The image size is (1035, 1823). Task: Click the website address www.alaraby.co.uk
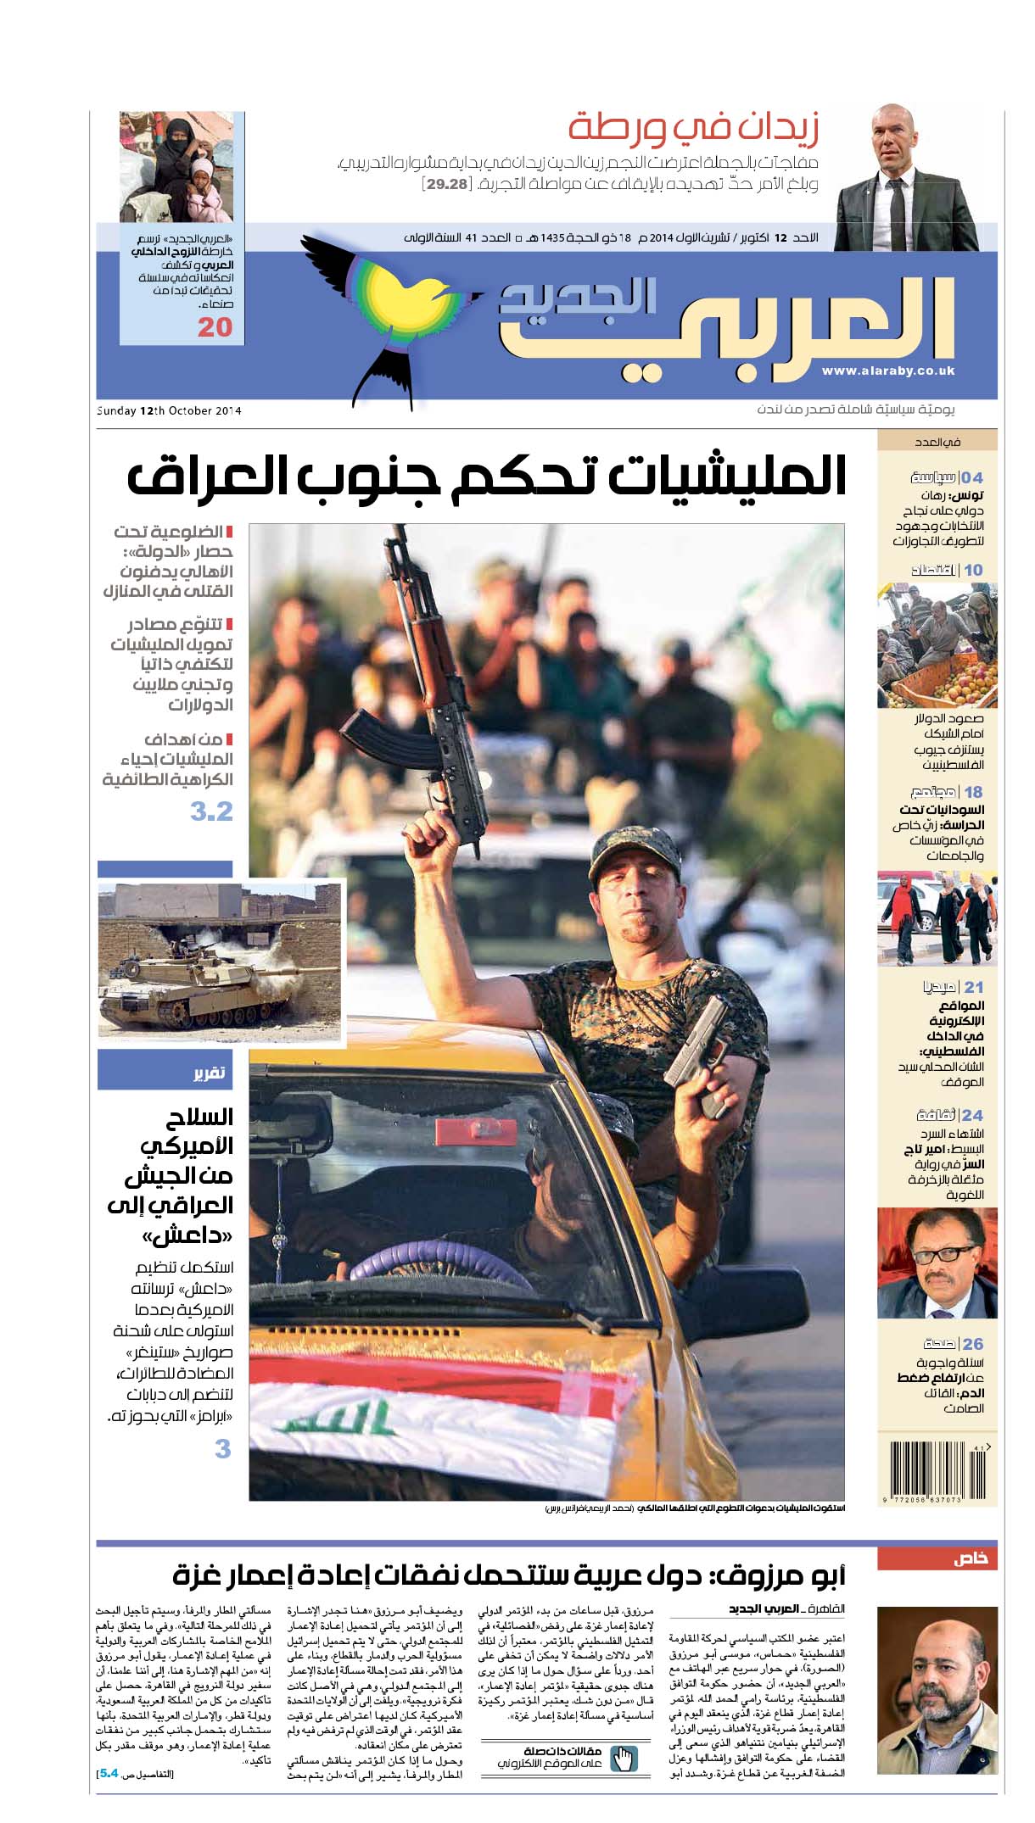click(x=887, y=371)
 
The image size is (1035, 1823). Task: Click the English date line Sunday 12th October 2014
click(x=170, y=411)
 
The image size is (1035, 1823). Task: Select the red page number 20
click(x=215, y=327)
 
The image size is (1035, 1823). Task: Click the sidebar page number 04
click(x=972, y=477)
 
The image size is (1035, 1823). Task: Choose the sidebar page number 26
click(x=972, y=1344)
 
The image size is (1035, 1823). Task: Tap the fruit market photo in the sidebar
click(x=937, y=645)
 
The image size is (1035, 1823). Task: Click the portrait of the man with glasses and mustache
click(x=937, y=1263)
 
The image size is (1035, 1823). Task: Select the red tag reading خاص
click(x=937, y=1558)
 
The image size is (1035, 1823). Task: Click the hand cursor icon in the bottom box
click(x=624, y=1758)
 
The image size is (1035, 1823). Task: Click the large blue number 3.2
click(x=211, y=811)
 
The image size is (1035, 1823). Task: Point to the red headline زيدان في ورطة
click(x=694, y=128)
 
